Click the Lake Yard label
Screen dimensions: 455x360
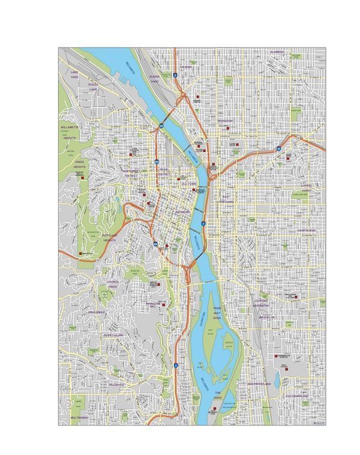coord(74,74)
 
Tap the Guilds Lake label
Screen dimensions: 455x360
coord(93,87)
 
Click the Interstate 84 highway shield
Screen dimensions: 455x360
coord(279,148)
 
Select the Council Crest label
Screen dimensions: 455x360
coord(113,283)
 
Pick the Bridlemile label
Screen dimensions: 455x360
coord(96,313)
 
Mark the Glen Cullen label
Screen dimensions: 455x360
coord(113,335)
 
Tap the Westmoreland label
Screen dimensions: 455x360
coord(259,383)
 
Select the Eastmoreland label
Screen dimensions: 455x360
coord(297,397)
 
